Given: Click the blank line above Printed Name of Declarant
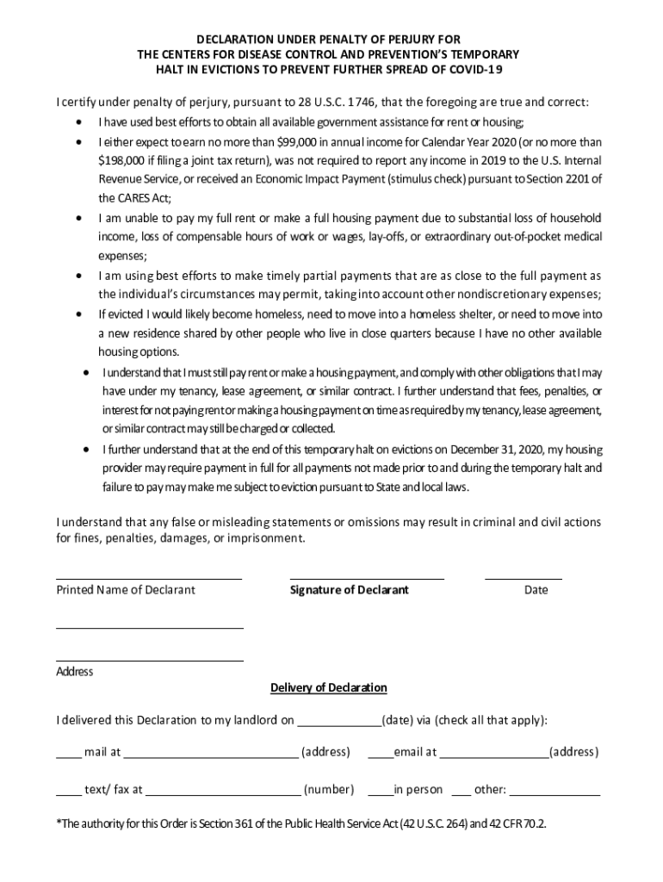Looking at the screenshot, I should (x=149, y=579).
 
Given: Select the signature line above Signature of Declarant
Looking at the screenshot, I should (x=367, y=579).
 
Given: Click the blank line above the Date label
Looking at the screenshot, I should (x=524, y=579).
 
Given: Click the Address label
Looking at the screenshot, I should (x=75, y=672).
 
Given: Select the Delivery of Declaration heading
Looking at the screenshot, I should (x=329, y=687).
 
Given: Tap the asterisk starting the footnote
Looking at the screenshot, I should (x=59, y=823).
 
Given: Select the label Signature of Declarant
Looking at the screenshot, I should (x=349, y=590).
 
